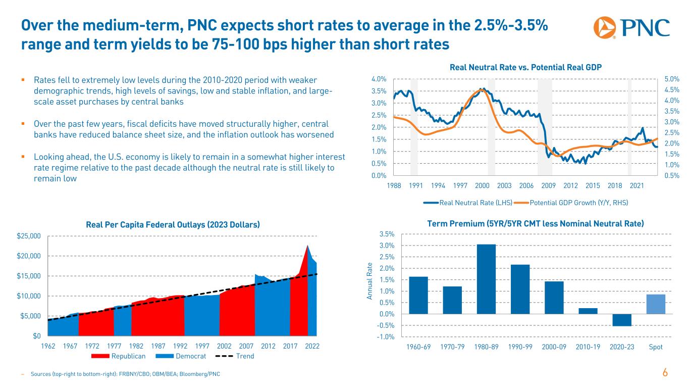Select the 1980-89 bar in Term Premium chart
[486, 279]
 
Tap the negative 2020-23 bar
[622, 320]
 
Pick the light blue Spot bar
[656, 304]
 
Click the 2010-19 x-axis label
[588, 347]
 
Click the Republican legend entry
[119, 356]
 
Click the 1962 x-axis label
[47, 347]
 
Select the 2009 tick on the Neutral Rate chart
[549, 186]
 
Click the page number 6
[665, 373]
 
